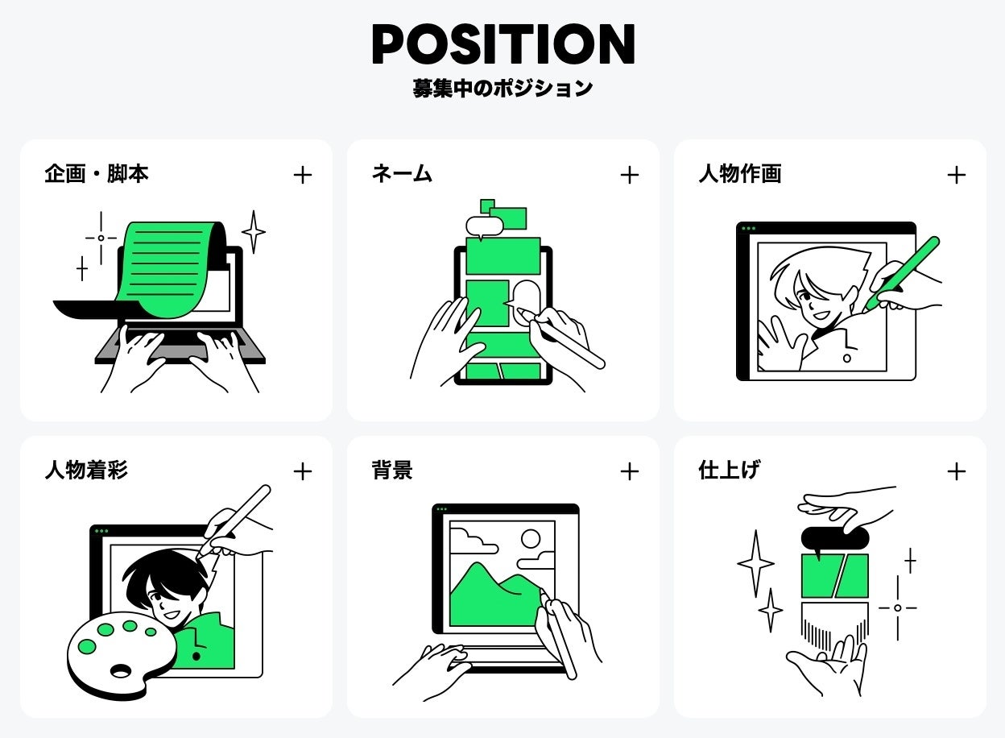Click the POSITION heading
(x=503, y=44)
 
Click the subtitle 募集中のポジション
(x=503, y=88)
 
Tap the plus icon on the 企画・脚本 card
(x=303, y=175)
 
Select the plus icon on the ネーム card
(x=630, y=175)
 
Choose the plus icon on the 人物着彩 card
(x=303, y=471)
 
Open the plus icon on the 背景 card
(x=630, y=471)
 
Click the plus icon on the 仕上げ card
(x=957, y=471)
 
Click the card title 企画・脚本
(x=97, y=174)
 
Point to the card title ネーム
(x=402, y=174)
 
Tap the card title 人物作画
(x=740, y=174)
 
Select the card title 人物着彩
(x=86, y=471)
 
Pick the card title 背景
(x=392, y=471)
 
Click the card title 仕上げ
(x=730, y=471)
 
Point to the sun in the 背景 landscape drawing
(x=531, y=538)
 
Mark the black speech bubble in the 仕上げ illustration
(x=835, y=538)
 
